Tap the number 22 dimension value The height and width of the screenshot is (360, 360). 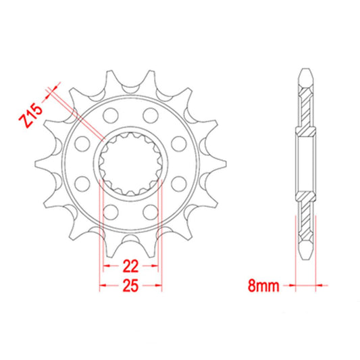(132, 265)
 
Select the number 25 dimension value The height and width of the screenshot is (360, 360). (132, 286)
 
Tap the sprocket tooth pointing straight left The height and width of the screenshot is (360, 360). (41, 163)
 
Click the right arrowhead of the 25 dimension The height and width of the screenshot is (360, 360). (160, 286)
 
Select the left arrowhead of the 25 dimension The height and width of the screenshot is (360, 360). (102, 286)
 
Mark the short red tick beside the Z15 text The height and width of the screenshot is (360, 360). (49, 90)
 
